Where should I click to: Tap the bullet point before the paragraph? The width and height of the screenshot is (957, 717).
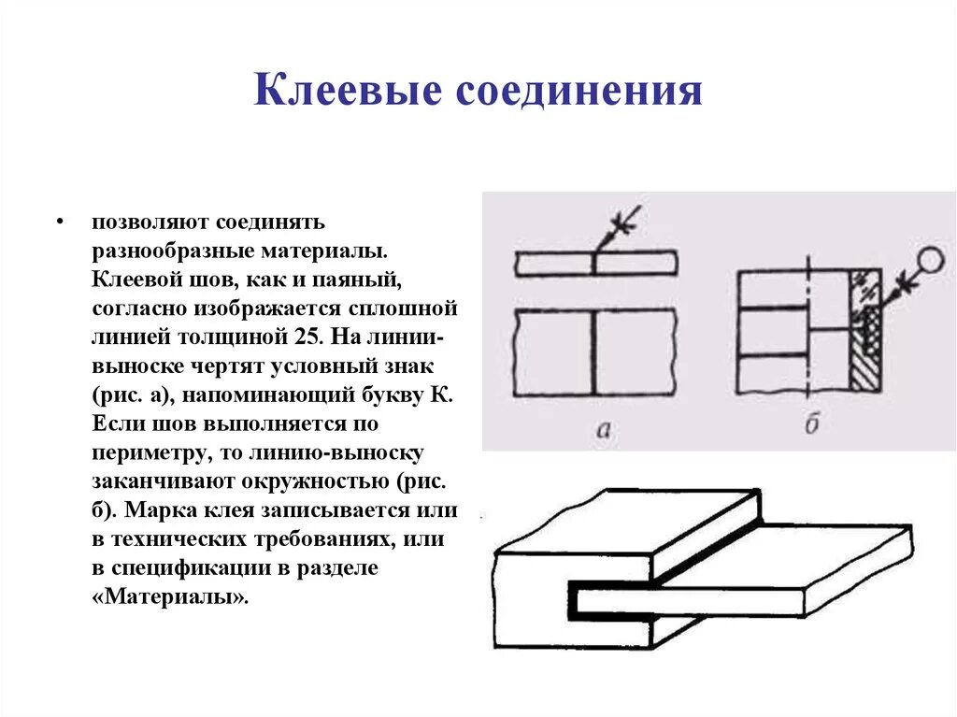[x=59, y=223]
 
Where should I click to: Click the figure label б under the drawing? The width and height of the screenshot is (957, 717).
[x=811, y=425]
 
